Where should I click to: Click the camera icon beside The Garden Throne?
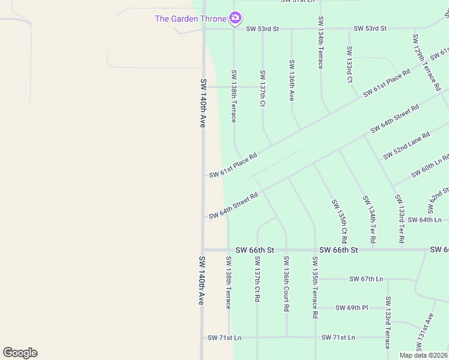(236, 19)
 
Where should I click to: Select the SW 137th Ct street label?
(262, 88)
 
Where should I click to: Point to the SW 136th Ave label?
(292, 80)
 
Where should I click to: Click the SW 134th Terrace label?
(321, 43)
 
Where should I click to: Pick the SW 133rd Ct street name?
(349, 64)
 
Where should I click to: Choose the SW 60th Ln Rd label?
(430, 166)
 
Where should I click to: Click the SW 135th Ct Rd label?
(339, 217)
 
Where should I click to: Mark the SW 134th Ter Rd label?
(369, 218)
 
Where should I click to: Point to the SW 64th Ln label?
(424, 220)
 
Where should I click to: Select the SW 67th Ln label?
(366, 279)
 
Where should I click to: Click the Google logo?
(20, 353)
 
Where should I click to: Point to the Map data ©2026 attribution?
(423, 355)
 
